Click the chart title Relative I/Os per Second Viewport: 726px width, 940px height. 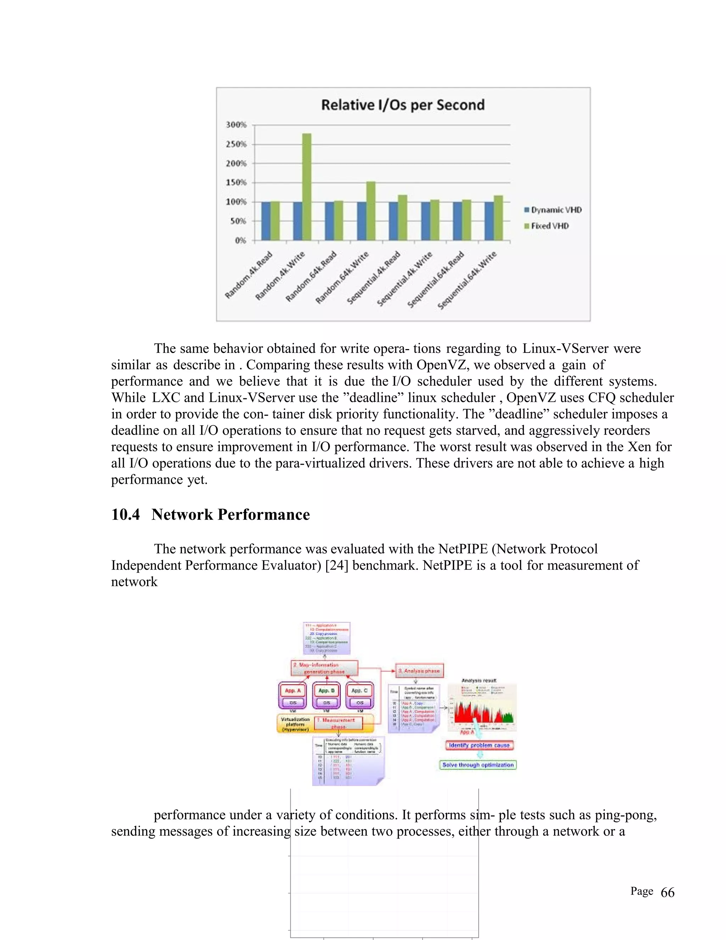pyautogui.click(x=403, y=105)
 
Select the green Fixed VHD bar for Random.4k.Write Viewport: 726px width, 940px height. pyautogui.click(x=307, y=187)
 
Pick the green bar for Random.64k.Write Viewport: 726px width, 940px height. pyautogui.click(x=371, y=211)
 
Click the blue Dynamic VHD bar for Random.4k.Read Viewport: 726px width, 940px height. pyautogui.click(x=266, y=221)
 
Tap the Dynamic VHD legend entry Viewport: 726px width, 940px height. pyautogui.click(x=553, y=210)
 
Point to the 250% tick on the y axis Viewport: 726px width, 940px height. pyautogui.click(x=236, y=144)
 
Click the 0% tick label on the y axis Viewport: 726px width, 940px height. pyautogui.click(x=240, y=240)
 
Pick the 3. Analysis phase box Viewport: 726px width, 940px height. pyautogui.click(x=419, y=670)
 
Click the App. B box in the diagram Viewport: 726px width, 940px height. pyautogui.click(x=326, y=690)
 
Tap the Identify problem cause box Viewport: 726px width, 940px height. pyautogui.click(x=479, y=745)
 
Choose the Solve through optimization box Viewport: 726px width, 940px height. pyautogui.click(x=478, y=765)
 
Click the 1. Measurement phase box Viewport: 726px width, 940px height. pyautogui.click(x=339, y=723)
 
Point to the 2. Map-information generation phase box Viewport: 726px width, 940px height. pyautogui.click(x=324, y=668)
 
